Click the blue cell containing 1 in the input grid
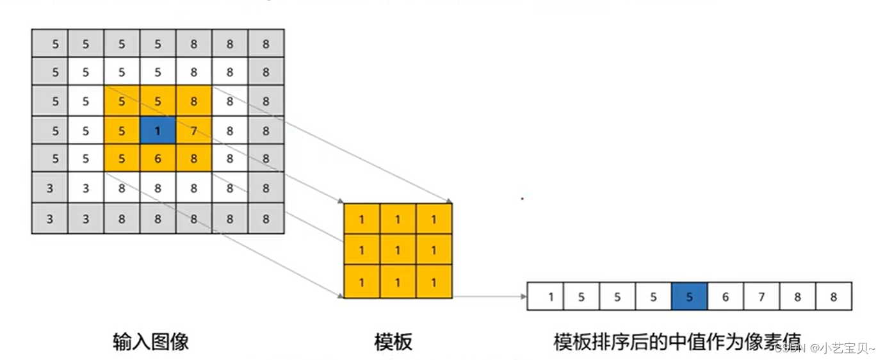(158, 132)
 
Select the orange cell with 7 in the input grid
(193, 132)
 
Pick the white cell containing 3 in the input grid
(86, 190)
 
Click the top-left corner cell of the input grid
(50, 44)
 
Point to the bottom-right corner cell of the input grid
(266, 219)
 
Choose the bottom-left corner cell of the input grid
(50, 219)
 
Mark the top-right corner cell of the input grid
(266, 44)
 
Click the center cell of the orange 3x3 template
(398, 250)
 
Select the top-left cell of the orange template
(362, 220)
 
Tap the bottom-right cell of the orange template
(434, 282)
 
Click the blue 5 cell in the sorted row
(689, 297)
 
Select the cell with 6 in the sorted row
(726, 297)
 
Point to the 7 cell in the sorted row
(761, 297)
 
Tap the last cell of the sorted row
(834, 297)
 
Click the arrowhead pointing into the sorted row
(523, 297)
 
